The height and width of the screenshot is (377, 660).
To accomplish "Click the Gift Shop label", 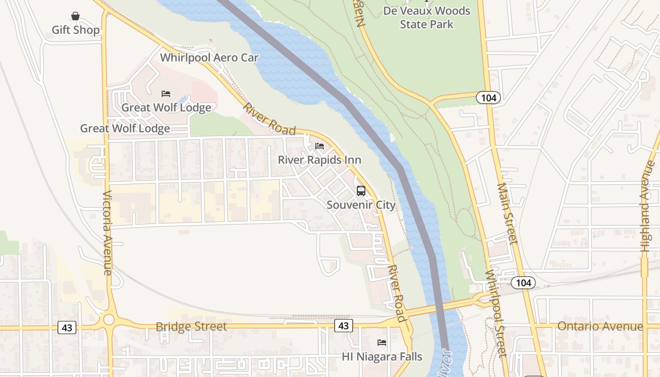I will pos(75,30).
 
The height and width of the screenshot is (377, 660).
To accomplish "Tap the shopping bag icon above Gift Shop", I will pos(75,16).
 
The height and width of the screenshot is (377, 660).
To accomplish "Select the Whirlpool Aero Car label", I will pos(209,57).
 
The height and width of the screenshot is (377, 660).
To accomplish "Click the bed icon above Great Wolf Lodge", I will pos(166,94).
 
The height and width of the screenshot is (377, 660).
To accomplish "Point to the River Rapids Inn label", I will pos(319,160).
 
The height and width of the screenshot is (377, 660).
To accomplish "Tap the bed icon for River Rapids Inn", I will pos(320,146).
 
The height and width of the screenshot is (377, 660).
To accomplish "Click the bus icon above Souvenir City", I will pos(361,191).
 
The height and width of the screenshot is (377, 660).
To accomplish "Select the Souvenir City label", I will pos(361,205).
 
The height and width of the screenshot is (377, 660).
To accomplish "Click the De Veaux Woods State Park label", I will pos(427,17).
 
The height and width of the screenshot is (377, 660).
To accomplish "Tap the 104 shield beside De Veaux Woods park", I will pos(488,98).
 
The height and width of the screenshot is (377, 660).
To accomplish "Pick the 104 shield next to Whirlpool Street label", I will pos(523,283).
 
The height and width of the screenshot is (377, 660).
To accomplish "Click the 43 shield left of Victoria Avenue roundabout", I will pos(67,328).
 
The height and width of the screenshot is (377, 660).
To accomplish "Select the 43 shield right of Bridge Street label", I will pos(344,326).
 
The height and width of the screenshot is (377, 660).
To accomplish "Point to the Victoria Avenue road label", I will pos(107,233).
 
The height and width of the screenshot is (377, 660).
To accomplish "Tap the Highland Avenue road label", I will pos(649,206).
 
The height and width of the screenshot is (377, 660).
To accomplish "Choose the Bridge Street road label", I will pos(191,327).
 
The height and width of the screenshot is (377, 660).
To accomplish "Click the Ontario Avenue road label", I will pos(600,326).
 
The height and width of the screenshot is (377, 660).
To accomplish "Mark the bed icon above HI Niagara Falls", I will pos(382,343).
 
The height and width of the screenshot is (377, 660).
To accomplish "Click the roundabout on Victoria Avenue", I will pos(109,320).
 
